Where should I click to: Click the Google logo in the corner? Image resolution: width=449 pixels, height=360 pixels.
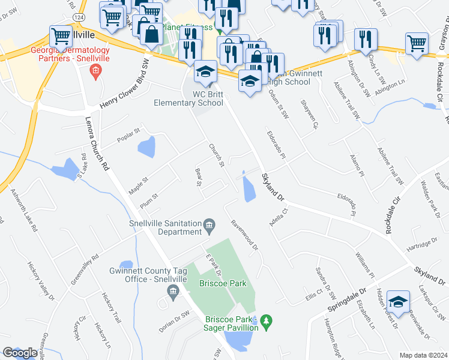pyautogui.click(x=20, y=353)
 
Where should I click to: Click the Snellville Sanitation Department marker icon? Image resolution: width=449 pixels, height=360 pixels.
pyautogui.click(x=209, y=226)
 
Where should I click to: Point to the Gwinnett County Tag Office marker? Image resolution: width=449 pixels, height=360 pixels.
pyautogui.click(x=173, y=292)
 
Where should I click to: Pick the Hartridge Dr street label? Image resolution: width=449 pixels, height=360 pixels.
pyautogui.click(x=418, y=245)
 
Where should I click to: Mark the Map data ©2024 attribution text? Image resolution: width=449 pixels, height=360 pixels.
pyautogui.click(x=424, y=355)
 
